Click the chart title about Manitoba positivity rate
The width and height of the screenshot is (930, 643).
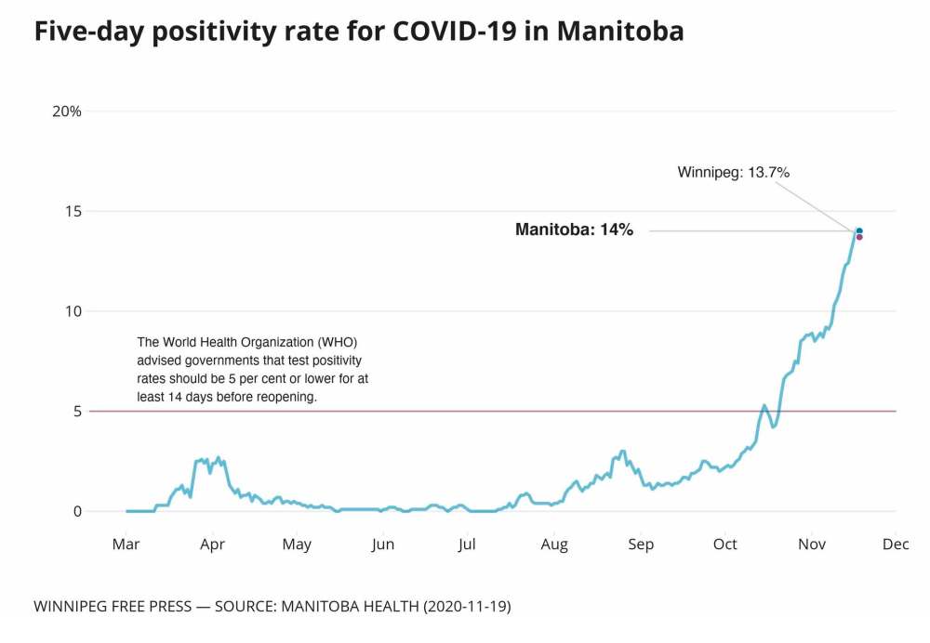(359, 32)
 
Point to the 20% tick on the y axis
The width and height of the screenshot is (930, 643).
(67, 112)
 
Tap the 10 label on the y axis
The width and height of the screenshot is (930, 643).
(72, 311)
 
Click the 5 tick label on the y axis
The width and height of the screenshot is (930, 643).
(76, 411)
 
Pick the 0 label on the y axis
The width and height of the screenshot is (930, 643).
(76, 511)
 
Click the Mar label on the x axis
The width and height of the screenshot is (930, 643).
(126, 544)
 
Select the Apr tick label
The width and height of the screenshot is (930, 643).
(212, 544)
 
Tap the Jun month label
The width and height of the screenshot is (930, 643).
(383, 544)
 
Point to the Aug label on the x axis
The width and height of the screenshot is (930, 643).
(554, 544)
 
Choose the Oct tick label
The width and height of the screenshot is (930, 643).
(725, 544)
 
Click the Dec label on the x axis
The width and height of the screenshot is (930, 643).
(896, 544)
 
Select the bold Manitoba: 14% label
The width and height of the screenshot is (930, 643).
(574, 230)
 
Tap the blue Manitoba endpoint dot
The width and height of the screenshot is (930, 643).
(859, 230)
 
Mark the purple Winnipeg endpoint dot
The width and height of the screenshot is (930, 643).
(859, 237)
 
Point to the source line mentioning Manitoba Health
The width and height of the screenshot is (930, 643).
(272, 607)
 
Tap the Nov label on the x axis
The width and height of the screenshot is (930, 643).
(812, 544)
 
